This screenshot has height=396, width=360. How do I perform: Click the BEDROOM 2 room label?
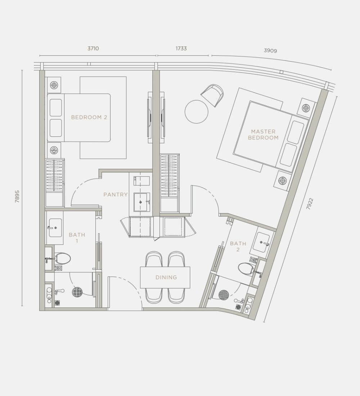click(x=89, y=117)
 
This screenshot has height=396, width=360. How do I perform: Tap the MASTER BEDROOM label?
click(x=263, y=135)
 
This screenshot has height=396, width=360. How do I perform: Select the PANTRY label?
click(x=116, y=194)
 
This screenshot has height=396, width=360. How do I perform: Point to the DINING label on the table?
click(x=166, y=277)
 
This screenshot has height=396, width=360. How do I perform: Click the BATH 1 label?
click(x=77, y=238)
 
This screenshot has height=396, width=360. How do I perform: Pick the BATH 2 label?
click(x=238, y=247)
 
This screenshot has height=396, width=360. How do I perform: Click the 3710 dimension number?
click(x=93, y=48)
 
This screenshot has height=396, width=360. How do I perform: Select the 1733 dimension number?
click(x=181, y=48)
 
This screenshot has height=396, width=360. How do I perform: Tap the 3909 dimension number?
click(x=270, y=50)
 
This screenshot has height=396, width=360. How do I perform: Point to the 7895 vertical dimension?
click(x=17, y=197)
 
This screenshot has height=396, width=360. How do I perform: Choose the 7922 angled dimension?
click(x=310, y=204)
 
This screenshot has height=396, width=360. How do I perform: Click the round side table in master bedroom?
click(x=197, y=112)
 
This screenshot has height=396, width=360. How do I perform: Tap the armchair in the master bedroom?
click(x=213, y=95)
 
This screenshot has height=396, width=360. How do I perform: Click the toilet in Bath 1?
click(x=62, y=258)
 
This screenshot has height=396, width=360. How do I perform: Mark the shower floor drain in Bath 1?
click(x=77, y=292)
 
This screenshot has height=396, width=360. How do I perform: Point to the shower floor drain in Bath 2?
click(x=224, y=294)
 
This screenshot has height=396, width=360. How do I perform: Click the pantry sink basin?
click(x=142, y=202)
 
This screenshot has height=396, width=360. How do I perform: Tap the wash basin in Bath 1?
click(x=55, y=228)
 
